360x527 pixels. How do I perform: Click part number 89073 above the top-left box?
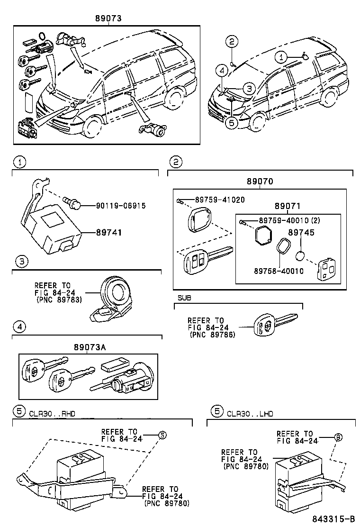click(x=108, y=18)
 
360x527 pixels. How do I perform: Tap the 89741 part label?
click(x=109, y=233)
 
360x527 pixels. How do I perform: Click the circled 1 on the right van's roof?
click(x=281, y=57)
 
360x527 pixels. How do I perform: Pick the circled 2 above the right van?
click(x=231, y=42)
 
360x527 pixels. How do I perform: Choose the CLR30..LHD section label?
click(x=250, y=413)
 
